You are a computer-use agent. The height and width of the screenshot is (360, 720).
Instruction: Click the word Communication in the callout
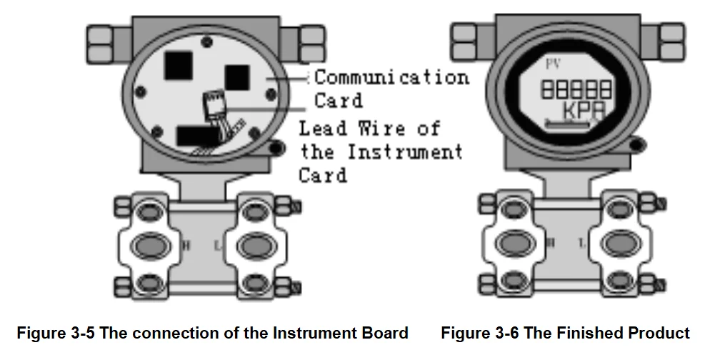click(x=391, y=76)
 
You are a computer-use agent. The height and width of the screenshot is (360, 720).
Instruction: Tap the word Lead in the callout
click(x=323, y=129)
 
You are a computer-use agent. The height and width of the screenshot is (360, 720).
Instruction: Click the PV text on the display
click(x=553, y=64)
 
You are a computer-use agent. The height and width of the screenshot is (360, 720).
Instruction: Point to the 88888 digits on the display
click(x=576, y=89)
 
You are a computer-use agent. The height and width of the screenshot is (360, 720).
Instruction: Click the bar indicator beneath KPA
click(x=567, y=124)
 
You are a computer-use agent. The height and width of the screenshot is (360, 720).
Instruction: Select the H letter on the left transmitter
click(x=187, y=245)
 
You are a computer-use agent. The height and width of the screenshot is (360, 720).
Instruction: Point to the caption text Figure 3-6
click(x=483, y=333)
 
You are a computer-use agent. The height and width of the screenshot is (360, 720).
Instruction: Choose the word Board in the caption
click(x=386, y=333)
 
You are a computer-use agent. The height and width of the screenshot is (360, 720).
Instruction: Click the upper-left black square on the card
click(x=178, y=66)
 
